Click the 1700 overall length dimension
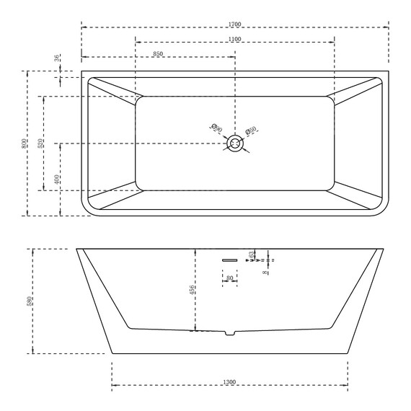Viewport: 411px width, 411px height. (234, 25)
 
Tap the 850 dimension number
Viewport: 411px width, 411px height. (158, 54)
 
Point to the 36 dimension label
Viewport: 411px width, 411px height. (56, 58)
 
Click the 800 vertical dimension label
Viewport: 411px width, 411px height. (24, 143)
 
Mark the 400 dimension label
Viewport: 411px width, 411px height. (56, 179)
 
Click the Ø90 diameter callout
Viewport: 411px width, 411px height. (215, 129)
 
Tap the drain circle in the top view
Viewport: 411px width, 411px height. (235, 144)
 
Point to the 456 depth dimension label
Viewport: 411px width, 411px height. (192, 291)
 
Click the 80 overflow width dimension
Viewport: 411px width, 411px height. (229, 277)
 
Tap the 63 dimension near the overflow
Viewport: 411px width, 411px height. (251, 255)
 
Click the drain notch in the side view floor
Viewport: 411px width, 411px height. (229, 333)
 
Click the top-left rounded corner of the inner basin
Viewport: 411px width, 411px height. (140, 100)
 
